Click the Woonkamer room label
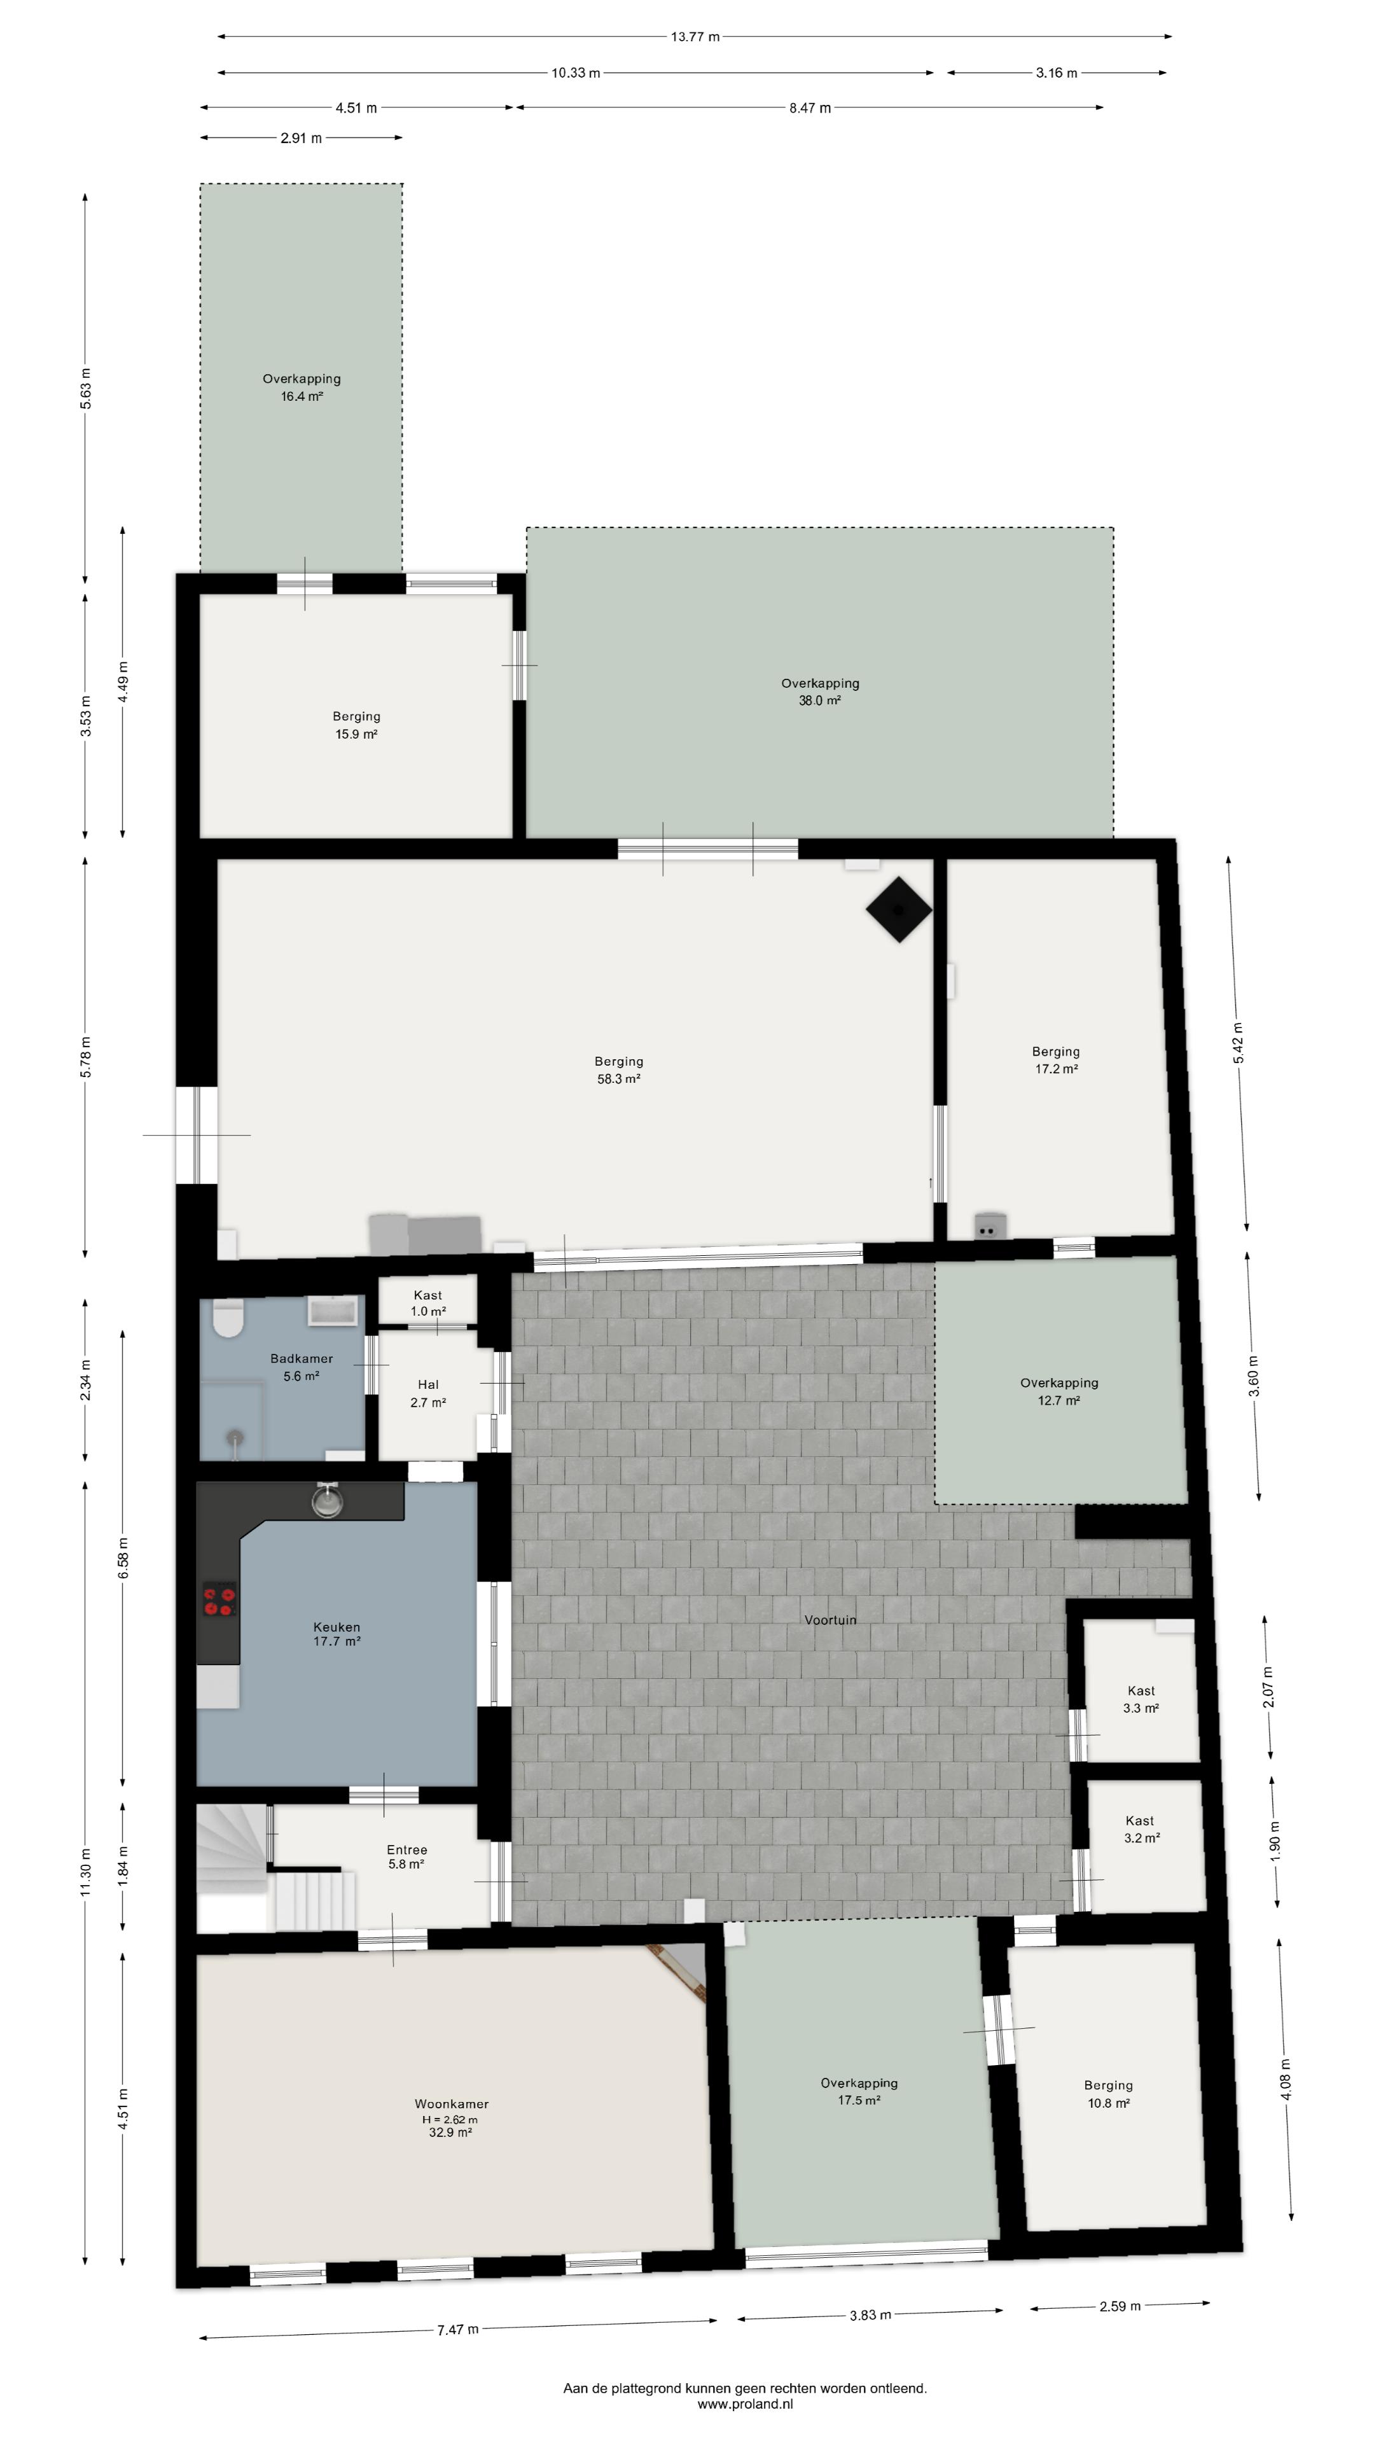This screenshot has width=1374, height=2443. pos(452,2103)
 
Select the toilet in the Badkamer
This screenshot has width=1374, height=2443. pos(228,1318)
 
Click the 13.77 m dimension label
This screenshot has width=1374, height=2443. pos(695,37)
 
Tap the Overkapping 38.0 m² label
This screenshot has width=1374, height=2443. pos(820,692)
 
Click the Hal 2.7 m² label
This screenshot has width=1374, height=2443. pos(427,1393)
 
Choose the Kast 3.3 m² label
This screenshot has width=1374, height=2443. pos(1141,1699)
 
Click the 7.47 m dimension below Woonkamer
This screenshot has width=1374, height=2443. pos(458,2329)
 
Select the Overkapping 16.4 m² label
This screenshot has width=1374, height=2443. pos(302,387)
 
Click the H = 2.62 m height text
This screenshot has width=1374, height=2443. pos(450,2120)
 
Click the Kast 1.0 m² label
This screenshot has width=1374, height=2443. pos(427,1303)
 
